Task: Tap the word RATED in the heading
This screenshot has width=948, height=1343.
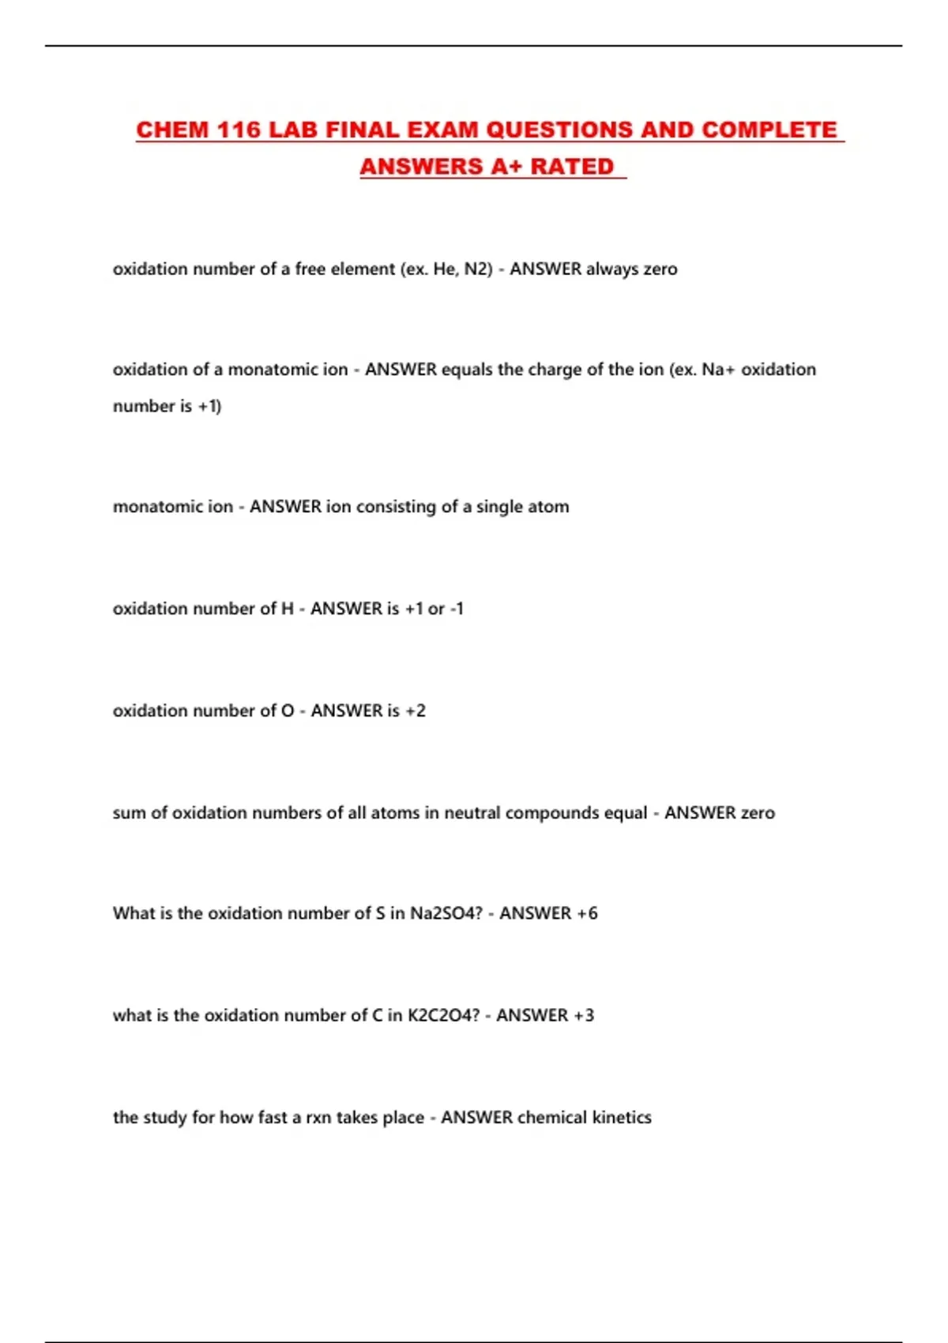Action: pyautogui.click(x=572, y=167)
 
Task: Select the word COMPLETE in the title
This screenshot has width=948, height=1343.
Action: pyautogui.click(x=769, y=130)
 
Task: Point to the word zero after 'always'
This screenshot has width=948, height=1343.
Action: pyautogui.click(x=660, y=269)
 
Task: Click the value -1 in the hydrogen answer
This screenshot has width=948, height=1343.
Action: pyautogui.click(x=456, y=608)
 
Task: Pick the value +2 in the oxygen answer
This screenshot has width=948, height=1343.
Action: pyautogui.click(x=416, y=710)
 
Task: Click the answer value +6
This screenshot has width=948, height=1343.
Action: pyautogui.click(x=587, y=913)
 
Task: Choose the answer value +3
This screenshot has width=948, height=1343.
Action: pyautogui.click(x=584, y=1015)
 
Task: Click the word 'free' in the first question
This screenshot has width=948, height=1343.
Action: pyautogui.click(x=310, y=269)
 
